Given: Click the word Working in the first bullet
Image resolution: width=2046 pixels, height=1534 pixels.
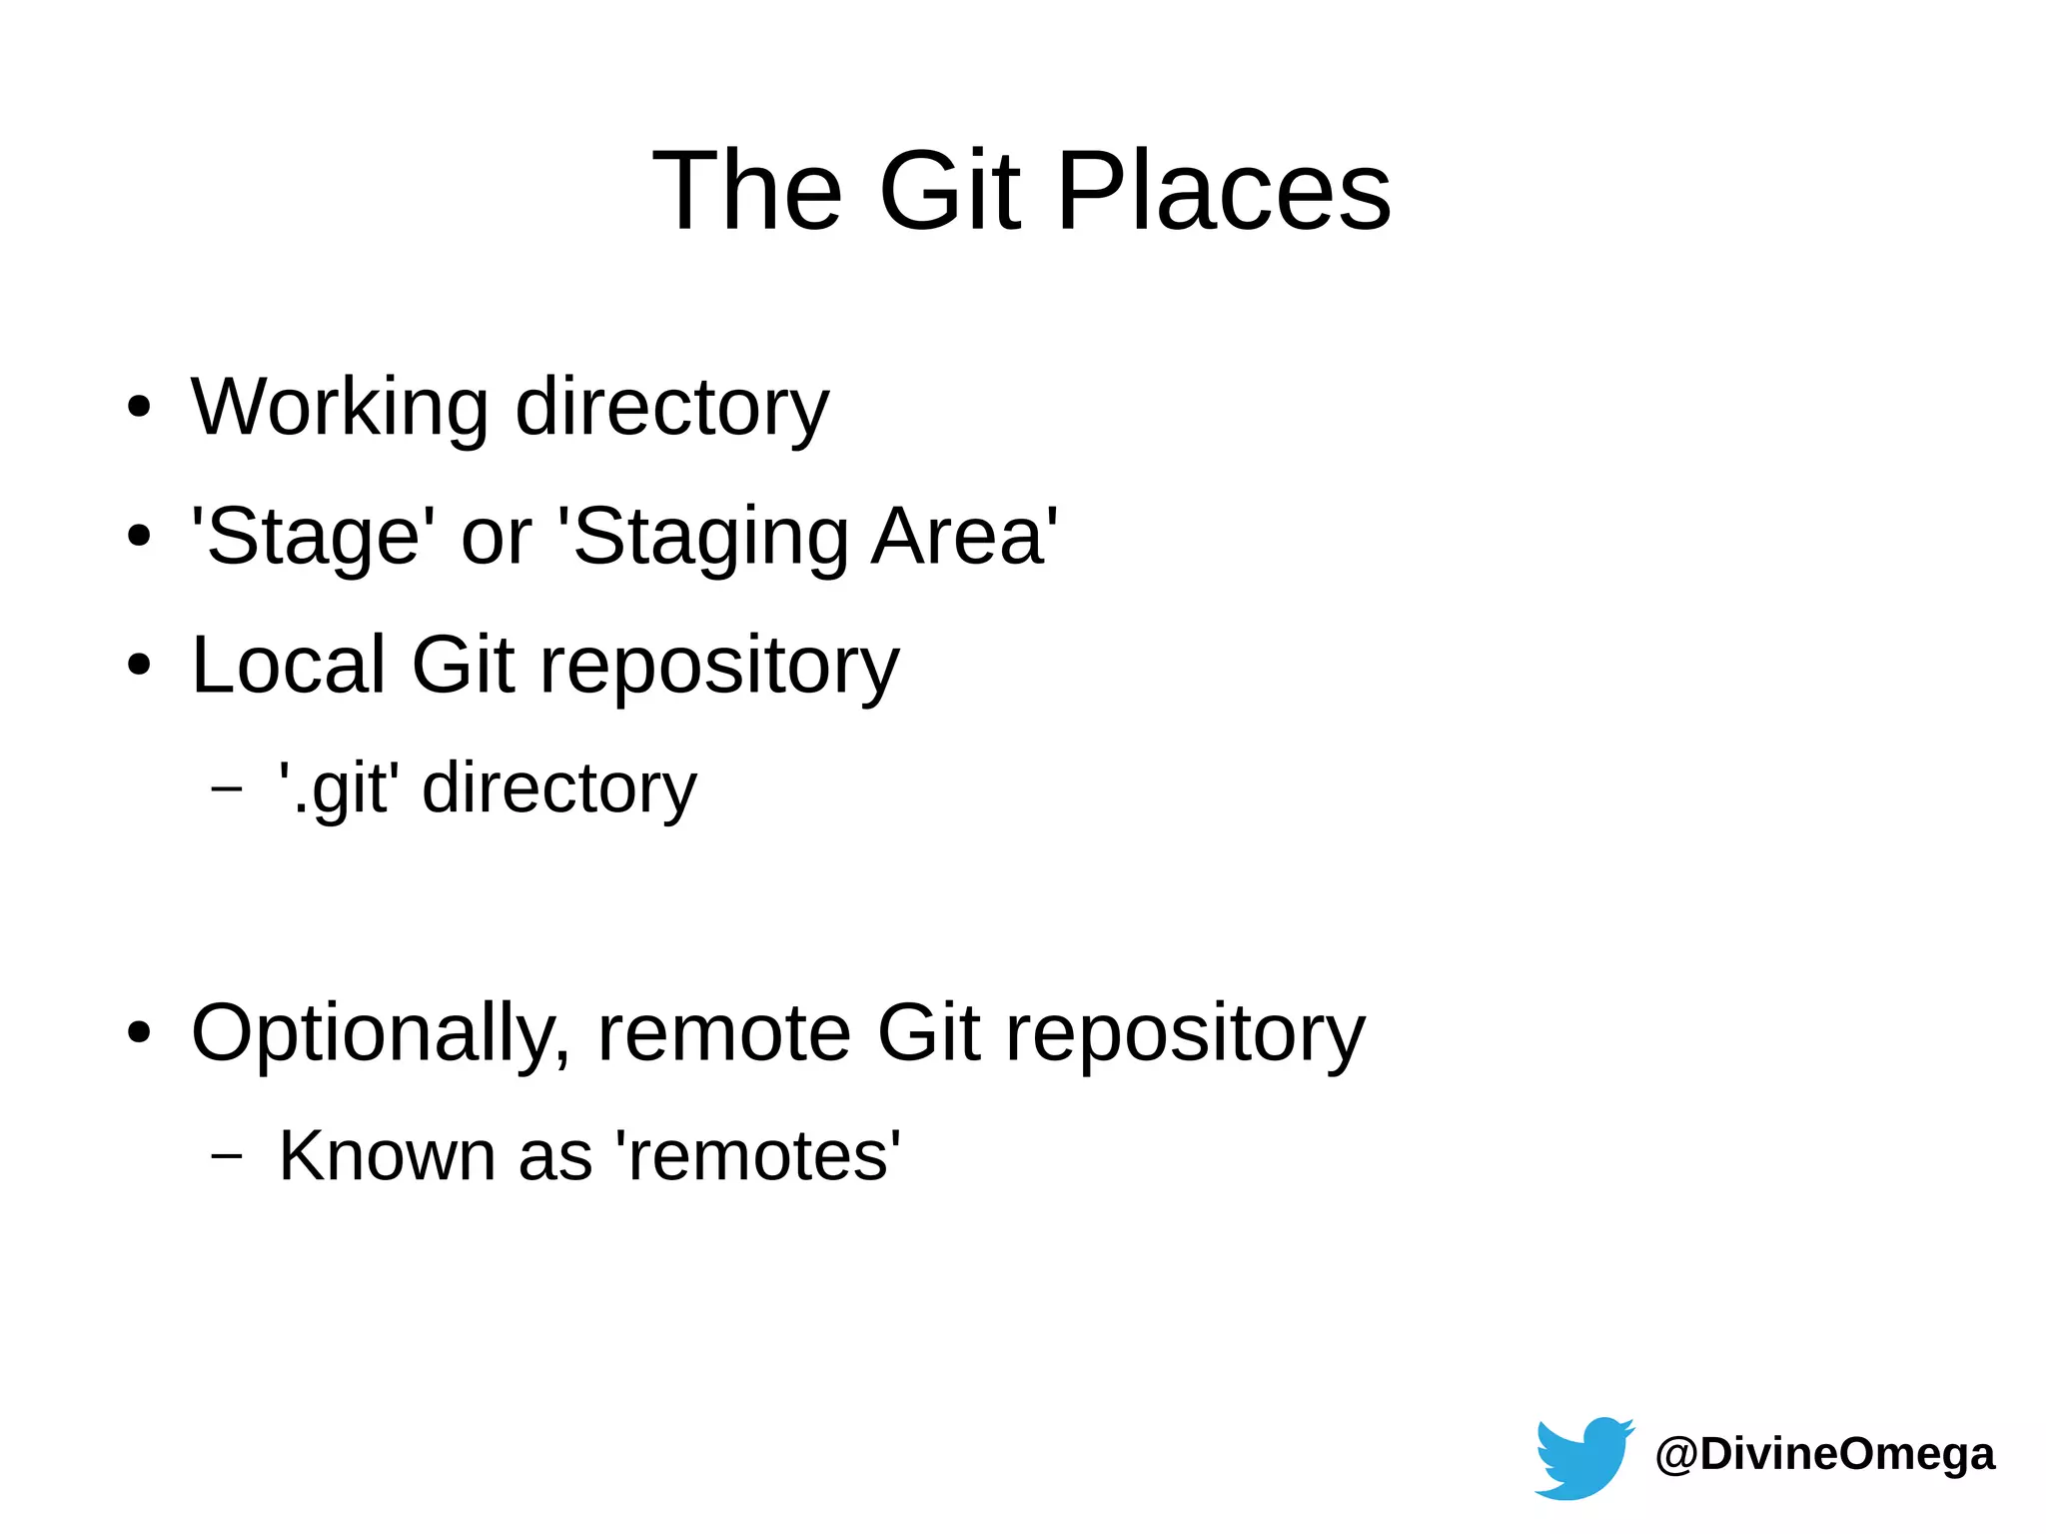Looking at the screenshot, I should (x=340, y=408).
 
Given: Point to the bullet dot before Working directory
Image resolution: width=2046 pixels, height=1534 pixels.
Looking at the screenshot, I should (x=139, y=408).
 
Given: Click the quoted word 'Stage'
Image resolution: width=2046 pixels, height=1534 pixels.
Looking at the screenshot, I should (x=313, y=537).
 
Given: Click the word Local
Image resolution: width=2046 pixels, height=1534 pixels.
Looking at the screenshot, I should (x=288, y=665).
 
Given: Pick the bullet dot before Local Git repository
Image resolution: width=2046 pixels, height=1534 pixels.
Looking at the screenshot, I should (x=139, y=665).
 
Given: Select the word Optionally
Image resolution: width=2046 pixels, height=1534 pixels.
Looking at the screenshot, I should (x=380, y=1033).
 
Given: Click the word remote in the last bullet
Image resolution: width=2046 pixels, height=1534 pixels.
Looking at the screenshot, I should (x=723, y=1033).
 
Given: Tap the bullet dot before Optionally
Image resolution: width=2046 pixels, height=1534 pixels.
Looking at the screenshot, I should (x=139, y=1033).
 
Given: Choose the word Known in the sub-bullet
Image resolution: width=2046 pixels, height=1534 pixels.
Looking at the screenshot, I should (x=386, y=1156).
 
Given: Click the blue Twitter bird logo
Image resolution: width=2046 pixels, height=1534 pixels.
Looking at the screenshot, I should (x=1582, y=1457).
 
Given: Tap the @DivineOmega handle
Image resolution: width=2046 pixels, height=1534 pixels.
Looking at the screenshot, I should (x=1824, y=1454).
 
